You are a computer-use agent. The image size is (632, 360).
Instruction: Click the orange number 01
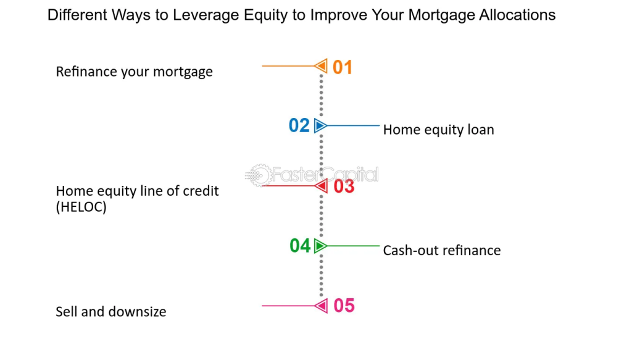coord(343,67)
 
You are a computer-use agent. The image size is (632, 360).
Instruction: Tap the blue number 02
coord(299,125)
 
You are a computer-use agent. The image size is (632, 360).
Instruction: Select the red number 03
coord(344,186)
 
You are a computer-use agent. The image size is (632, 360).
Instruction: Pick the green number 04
coord(300,246)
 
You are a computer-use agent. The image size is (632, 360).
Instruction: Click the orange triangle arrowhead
coord(321,65)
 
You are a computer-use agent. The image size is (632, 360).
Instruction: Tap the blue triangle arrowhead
coord(320,125)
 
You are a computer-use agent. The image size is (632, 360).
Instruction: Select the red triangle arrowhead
coord(321,186)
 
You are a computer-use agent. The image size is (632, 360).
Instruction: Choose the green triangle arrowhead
coord(320,246)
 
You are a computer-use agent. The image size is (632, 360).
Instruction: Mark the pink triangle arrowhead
coord(321,306)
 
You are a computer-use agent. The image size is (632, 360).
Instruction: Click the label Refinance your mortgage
coord(134,72)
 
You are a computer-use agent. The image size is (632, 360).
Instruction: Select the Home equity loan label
coord(439,130)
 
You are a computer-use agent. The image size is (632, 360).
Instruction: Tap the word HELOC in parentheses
coord(81,207)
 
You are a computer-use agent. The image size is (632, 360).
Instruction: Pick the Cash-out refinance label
coord(442,250)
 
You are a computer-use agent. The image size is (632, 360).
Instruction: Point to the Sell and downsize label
coord(111,312)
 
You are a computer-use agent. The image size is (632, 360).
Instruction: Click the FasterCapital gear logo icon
coord(258,175)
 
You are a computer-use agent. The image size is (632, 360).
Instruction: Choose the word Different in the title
coord(77,15)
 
